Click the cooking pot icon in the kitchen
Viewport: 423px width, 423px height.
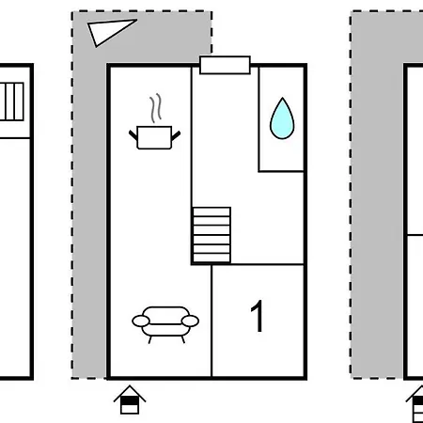(154, 137)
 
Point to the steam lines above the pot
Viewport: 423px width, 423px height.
(156, 108)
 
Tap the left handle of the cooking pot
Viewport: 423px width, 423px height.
(133, 135)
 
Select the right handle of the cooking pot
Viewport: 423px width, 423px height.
(176, 135)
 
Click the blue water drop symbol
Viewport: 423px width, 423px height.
(282, 118)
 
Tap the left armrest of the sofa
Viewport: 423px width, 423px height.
(141, 321)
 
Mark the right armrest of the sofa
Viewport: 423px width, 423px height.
(190, 321)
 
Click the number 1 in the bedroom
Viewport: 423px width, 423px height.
(257, 316)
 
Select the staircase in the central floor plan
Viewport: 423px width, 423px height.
(211, 235)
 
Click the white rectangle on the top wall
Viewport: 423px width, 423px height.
(225, 65)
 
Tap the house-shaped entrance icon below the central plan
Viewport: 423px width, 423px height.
(130, 399)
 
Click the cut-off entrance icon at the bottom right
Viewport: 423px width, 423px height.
(415, 404)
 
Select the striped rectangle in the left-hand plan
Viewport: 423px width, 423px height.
(12, 102)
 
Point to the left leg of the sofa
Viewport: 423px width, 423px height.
(150, 339)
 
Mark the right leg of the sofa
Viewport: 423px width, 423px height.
(183, 339)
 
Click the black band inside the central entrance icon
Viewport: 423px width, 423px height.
(130, 401)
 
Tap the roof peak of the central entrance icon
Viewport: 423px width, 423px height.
(130, 386)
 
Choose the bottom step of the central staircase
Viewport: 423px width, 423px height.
(211, 258)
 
